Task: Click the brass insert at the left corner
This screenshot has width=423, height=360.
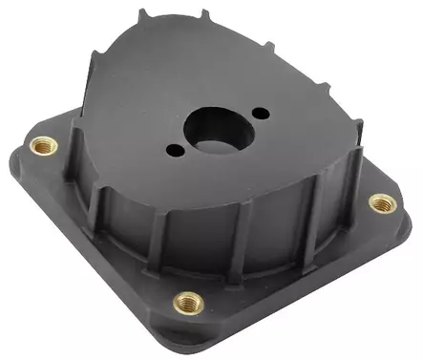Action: click(42, 146)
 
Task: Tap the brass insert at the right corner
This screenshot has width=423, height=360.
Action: click(382, 202)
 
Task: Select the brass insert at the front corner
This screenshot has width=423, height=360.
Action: click(188, 303)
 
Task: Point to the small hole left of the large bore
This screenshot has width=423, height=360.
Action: click(173, 150)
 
